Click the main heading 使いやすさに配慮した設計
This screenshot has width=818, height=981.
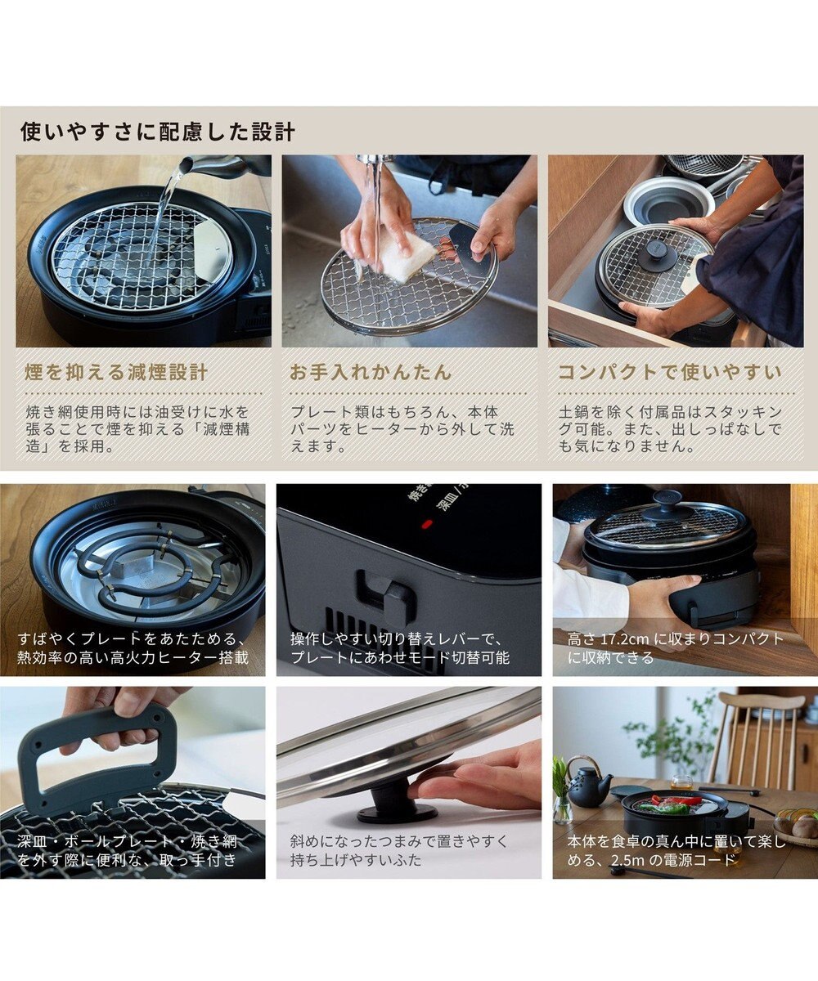158,132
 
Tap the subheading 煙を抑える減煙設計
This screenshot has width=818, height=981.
116,373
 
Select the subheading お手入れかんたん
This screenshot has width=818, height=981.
371,373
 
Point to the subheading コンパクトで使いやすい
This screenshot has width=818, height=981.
670,373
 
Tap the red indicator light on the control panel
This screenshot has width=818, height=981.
428,524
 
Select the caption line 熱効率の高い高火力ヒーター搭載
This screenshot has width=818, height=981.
133,657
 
